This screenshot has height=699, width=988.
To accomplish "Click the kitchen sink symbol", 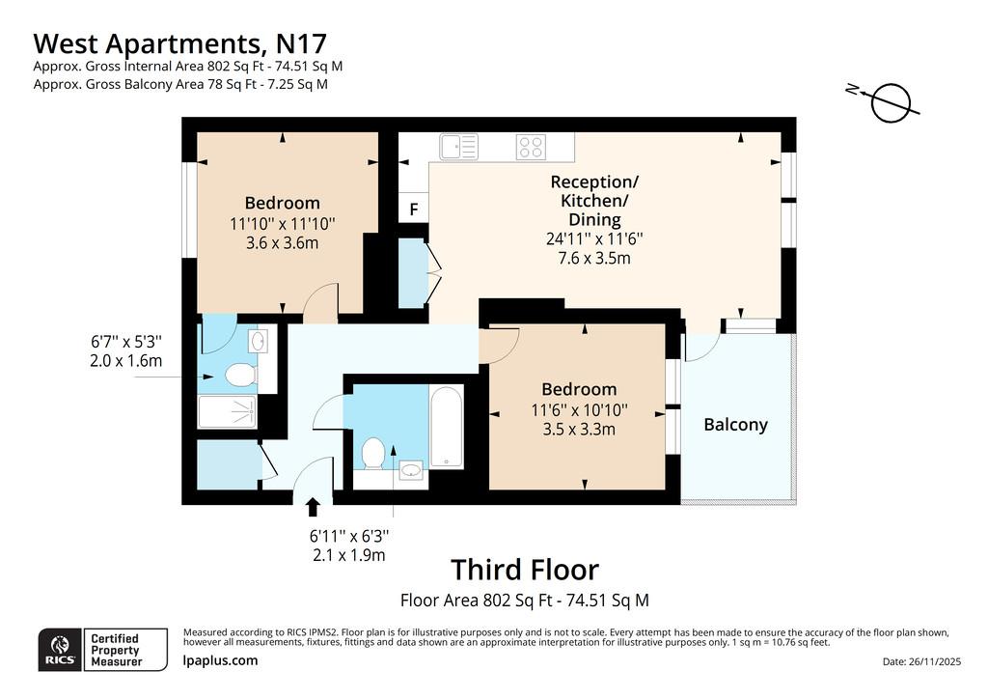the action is [x=458, y=147].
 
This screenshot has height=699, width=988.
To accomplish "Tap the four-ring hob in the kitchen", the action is [x=531, y=147].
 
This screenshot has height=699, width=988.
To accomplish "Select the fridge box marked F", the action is [x=413, y=209].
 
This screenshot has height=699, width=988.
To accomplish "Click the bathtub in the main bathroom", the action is [x=446, y=427].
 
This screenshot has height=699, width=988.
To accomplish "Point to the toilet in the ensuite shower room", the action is [x=240, y=375].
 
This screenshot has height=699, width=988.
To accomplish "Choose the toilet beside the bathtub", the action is [x=373, y=453].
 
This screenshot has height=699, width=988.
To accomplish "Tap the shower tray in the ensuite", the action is [x=227, y=411].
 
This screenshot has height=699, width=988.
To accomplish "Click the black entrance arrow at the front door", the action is [x=313, y=508].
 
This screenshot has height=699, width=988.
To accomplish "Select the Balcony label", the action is [x=735, y=425].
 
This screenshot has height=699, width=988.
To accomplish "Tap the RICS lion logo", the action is [x=60, y=650].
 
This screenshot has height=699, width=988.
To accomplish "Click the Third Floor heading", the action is [x=525, y=570].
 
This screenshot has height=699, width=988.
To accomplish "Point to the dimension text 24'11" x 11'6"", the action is [x=594, y=238].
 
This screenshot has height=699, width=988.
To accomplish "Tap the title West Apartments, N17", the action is [x=179, y=43].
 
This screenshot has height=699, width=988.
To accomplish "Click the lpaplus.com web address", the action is [x=220, y=660].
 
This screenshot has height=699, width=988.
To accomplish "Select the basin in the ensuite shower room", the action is [x=258, y=341].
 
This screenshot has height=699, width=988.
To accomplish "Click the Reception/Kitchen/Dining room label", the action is [x=594, y=201].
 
